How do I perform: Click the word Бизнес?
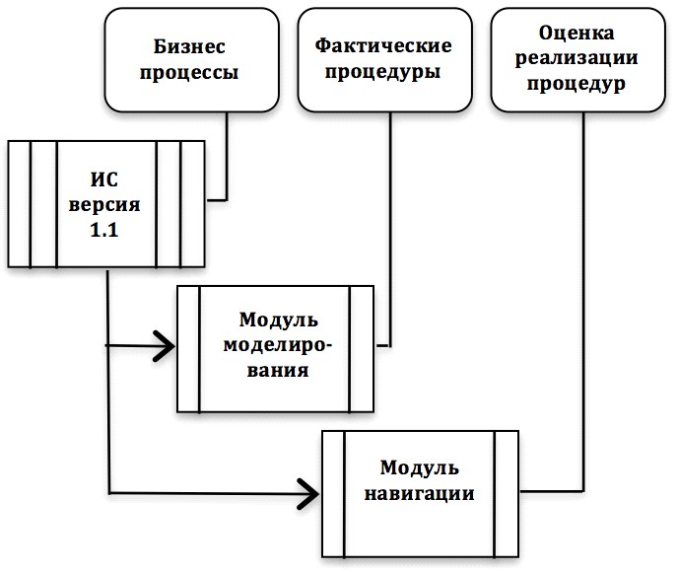click(x=189, y=46)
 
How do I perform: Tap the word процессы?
click(x=189, y=72)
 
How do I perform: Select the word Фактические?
click(x=383, y=45)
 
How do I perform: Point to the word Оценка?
click(x=577, y=33)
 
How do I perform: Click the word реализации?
click(x=577, y=58)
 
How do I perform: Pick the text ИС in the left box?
click(x=103, y=179)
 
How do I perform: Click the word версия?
click(x=104, y=204)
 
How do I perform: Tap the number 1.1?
click(x=103, y=230)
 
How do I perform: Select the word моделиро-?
click(x=278, y=346)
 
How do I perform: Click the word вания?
click(x=278, y=371)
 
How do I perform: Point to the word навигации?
click(x=419, y=494)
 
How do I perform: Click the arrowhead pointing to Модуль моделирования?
click(x=165, y=346)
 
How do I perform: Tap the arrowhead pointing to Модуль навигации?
click(x=308, y=493)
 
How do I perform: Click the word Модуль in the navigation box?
click(x=420, y=468)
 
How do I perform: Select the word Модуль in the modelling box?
click(x=279, y=321)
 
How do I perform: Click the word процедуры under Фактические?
click(x=383, y=71)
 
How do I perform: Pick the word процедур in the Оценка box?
click(x=577, y=83)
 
